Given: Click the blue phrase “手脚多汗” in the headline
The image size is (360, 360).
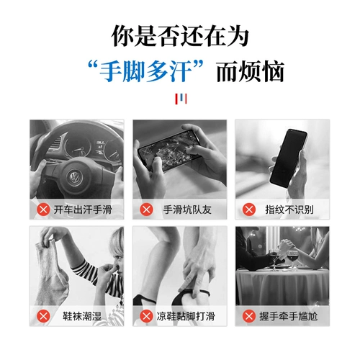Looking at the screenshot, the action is [x=146, y=71].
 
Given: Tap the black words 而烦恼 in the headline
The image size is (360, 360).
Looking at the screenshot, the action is [x=251, y=71].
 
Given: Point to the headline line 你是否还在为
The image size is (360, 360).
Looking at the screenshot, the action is [x=180, y=36].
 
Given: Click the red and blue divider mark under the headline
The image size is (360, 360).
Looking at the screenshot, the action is [x=181, y=99].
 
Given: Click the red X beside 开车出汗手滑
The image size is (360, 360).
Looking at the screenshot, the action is [x=43, y=210].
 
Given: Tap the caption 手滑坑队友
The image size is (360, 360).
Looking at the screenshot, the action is [x=187, y=210].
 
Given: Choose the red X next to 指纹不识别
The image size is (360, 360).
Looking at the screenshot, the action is [x=249, y=210].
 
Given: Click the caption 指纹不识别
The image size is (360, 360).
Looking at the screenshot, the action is [x=289, y=210].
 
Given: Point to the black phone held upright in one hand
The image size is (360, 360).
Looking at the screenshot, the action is [x=288, y=158].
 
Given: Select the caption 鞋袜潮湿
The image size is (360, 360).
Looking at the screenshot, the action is [x=82, y=316].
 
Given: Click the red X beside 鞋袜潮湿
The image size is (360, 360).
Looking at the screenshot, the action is [x=43, y=316].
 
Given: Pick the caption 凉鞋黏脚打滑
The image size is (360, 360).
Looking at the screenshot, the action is [x=186, y=316].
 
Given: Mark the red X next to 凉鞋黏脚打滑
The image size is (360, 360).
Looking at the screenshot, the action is [x=146, y=316].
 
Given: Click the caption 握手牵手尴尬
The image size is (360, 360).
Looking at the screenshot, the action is [x=289, y=316].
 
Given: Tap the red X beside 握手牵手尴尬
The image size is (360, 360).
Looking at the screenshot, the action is [x=249, y=316].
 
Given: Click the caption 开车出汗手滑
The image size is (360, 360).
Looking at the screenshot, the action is [x=83, y=210].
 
